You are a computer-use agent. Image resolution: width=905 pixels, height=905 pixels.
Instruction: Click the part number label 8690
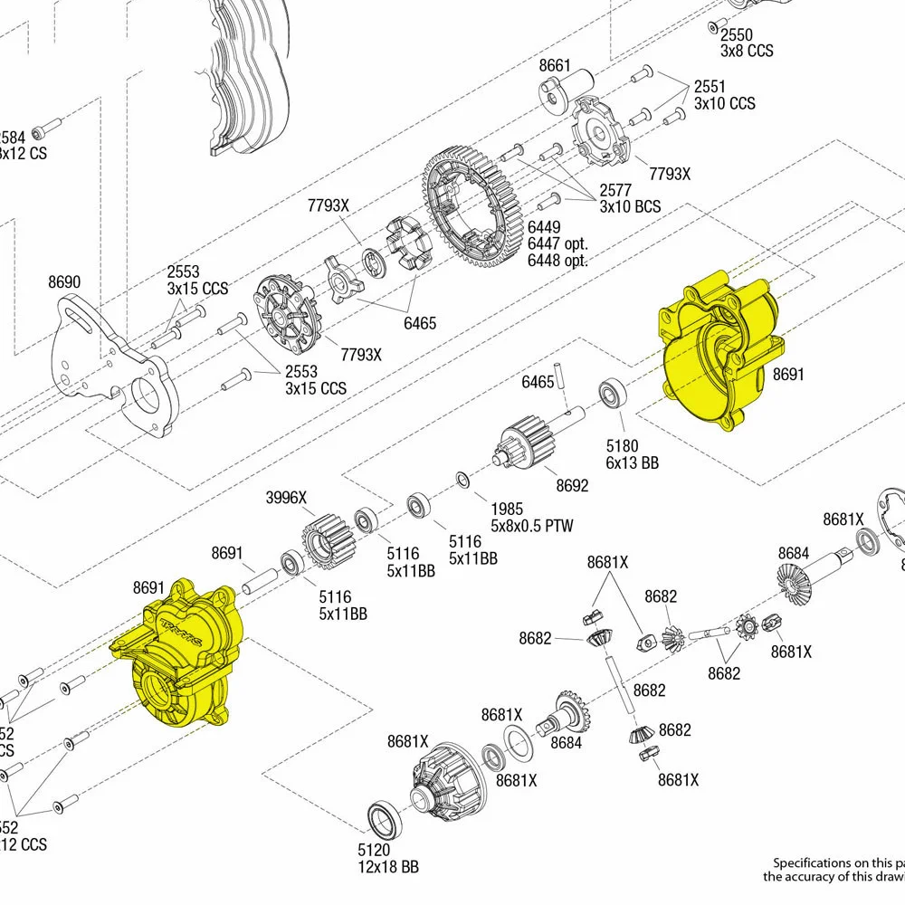64,282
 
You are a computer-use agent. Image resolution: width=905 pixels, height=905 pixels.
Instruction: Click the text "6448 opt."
557,261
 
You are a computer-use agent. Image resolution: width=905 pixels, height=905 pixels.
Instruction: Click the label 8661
555,65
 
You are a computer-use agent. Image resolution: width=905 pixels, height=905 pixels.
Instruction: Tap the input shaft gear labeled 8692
524,443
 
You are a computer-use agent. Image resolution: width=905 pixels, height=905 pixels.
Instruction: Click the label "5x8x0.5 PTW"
531,525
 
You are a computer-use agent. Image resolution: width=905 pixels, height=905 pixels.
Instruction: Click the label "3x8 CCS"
747,51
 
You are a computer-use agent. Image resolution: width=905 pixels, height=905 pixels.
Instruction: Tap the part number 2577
616,190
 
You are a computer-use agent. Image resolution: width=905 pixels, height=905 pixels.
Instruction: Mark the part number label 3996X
286,497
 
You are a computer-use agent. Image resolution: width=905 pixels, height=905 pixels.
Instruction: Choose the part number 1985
506,509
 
